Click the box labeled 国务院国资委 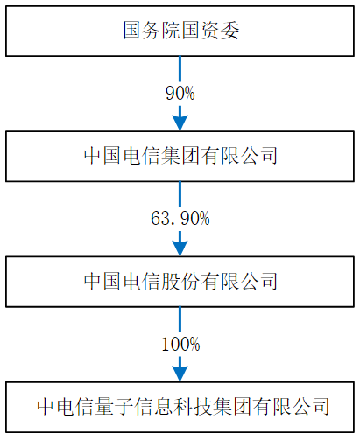click(x=180, y=31)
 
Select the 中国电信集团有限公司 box click(x=180, y=157)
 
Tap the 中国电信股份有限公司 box click(x=180, y=282)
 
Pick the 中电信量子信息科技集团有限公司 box click(x=180, y=407)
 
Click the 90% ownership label click(x=180, y=93)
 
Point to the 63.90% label click(x=180, y=219)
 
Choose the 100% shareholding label click(x=180, y=344)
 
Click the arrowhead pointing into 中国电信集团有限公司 click(x=180, y=123)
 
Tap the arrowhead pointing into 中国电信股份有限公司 click(x=180, y=248)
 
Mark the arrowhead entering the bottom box click(x=180, y=374)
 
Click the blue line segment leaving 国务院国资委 click(x=180, y=69)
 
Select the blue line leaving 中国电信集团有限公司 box click(x=180, y=194)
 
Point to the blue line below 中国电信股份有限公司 click(x=180, y=320)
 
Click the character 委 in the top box click(x=229, y=31)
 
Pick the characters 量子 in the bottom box click(x=115, y=407)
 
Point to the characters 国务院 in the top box click(x=152, y=31)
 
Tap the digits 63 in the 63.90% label click(x=160, y=219)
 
